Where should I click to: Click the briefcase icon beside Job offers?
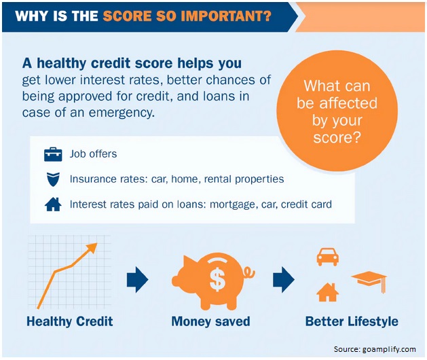coord(53,154)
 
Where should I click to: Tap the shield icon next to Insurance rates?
coord(53,179)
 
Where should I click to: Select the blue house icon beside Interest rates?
coord(53,204)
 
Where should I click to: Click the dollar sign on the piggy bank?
coord(218,279)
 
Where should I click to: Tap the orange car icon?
coord(328,257)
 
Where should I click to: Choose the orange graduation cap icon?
coord(369,281)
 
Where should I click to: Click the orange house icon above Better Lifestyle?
coord(328,292)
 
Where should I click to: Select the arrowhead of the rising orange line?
coord(92,247)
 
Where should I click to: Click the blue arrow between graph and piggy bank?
coord(137,280)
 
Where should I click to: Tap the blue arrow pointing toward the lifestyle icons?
coord(284,280)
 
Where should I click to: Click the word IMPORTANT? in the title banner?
coord(226,16)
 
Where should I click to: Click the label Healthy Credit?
coord(70,321)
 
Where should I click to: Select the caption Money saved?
coord(210,321)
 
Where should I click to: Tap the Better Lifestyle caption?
coord(352,322)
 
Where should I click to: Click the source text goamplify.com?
coord(389,349)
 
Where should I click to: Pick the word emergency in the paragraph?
coord(122,113)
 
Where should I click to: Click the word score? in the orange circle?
coord(337,137)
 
